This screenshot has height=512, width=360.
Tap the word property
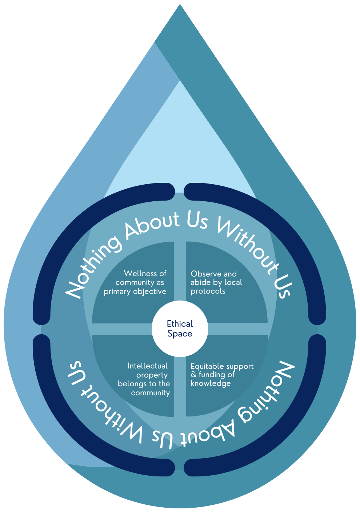tap(152, 375)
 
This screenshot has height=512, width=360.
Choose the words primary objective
tap(135, 291)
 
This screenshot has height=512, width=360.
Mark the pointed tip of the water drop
tap(180, 6)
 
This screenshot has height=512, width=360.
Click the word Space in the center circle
tap(180, 334)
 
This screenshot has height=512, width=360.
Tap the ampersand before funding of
tap(193, 375)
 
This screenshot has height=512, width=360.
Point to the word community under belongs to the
tap(151, 393)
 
